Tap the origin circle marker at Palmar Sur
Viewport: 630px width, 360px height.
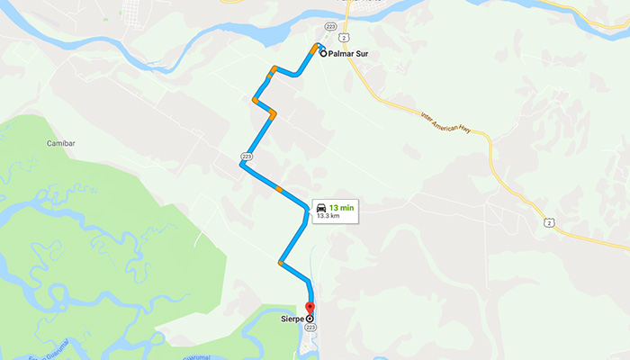pos(323,54)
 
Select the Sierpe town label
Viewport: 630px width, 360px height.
pos(291,319)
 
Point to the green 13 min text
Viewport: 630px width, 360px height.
pos(341,208)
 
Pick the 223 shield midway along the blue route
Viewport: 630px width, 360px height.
pos(246,157)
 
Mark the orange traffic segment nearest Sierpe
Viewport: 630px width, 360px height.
pos(283,264)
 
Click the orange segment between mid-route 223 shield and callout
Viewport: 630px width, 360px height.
pos(279,190)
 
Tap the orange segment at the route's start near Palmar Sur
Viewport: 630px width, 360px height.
pos(314,49)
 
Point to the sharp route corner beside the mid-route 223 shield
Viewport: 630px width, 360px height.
pos(241,166)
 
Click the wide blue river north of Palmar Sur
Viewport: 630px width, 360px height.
pos(270,34)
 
